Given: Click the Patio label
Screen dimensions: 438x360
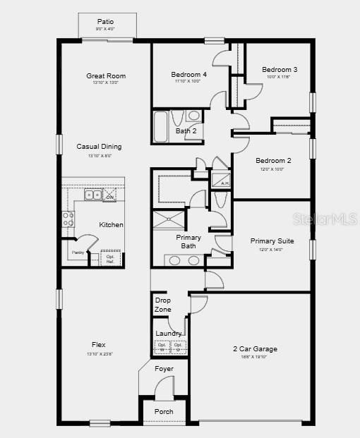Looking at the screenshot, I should [x=105, y=22].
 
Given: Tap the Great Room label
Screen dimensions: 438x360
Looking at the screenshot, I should [x=106, y=75].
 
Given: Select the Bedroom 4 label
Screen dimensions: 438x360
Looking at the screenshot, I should [x=188, y=74].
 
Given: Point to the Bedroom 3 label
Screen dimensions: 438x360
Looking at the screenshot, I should [x=280, y=69].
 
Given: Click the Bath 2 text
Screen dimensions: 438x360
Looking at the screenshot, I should [x=185, y=130].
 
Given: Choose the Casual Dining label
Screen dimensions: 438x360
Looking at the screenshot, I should [x=99, y=147].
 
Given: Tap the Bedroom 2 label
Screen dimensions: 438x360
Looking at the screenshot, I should [x=273, y=161].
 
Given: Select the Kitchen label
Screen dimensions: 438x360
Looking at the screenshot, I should [x=111, y=224].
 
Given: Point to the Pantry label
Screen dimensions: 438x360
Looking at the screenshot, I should [x=78, y=253].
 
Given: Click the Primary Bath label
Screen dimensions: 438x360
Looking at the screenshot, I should [x=188, y=241].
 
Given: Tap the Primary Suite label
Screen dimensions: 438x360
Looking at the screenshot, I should [x=272, y=241].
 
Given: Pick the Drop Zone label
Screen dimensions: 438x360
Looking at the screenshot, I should [x=162, y=305].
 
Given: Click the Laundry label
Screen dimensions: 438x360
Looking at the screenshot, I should [x=169, y=333].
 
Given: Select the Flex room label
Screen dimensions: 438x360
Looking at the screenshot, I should [x=99, y=345].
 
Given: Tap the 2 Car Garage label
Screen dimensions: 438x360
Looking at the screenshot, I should [x=255, y=348].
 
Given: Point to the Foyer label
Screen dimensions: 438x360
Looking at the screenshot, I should [x=164, y=368].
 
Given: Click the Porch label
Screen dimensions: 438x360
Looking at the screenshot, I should [x=164, y=412].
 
